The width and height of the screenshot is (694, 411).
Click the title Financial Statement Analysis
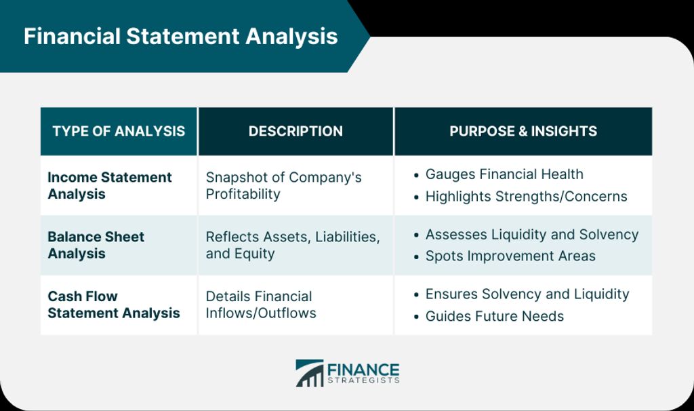(180, 37)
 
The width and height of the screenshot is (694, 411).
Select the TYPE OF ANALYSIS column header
(119, 131)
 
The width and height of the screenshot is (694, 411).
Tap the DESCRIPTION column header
(295, 131)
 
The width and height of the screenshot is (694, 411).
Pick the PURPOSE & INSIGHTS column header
(523, 131)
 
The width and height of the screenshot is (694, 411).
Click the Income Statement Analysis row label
(109, 186)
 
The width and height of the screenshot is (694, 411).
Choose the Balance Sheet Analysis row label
(96, 245)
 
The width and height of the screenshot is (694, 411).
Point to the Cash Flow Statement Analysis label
(114, 305)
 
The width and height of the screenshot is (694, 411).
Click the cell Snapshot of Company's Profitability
(283, 186)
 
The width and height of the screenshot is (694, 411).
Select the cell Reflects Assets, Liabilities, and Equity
(293, 245)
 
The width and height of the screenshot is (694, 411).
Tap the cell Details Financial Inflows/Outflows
(261, 305)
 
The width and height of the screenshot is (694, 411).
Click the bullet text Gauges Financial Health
(504, 174)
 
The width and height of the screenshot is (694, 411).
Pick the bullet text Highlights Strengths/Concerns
(526, 196)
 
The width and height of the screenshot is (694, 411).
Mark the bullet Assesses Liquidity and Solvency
(532, 234)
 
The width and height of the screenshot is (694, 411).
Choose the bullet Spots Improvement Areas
(510, 256)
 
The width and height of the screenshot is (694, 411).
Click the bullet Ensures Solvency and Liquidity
(527, 294)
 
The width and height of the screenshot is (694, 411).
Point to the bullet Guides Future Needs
(494, 316)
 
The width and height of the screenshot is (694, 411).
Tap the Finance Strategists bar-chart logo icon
(310, 373)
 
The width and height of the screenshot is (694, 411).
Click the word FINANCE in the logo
(363, 370)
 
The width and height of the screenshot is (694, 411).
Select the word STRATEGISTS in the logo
(363, 380)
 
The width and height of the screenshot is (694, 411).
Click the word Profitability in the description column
(243, 195)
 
